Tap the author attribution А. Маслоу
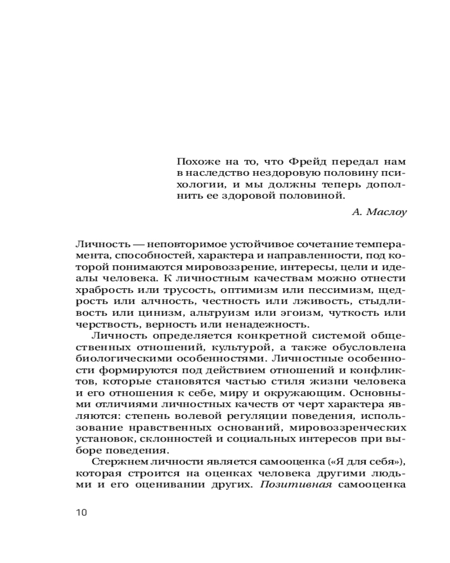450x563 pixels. (379, 212)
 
